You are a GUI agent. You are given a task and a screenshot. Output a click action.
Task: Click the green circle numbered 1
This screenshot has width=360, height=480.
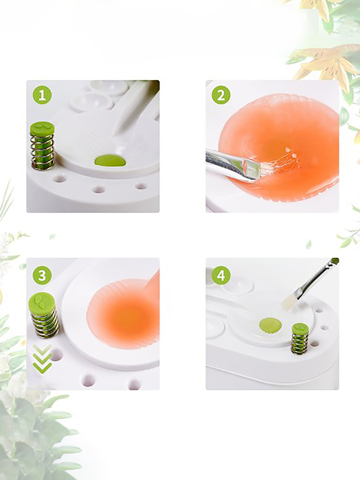(x=42, y=95)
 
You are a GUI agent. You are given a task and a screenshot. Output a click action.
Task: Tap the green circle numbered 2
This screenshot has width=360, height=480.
(x=221, y=95)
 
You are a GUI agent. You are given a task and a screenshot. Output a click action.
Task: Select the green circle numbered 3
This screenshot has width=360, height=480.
(x=42, y=275)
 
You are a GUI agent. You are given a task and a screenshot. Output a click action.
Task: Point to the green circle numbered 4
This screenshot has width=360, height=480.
(x=221, y=275)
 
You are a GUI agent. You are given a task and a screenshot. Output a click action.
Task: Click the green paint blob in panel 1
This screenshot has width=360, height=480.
(x=110, y=160)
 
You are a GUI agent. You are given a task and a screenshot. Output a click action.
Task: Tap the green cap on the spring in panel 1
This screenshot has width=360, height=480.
(x=42, y=127)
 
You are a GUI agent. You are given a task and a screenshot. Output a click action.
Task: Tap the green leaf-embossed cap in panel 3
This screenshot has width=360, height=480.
(x=42, y=302)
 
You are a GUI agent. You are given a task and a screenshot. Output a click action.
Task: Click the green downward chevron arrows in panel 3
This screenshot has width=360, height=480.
(x=43, y=359)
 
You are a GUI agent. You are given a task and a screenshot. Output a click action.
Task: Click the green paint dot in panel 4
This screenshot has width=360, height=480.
(x=270, y=325)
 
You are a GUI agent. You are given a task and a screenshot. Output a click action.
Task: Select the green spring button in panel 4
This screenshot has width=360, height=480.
(x=300, y=338)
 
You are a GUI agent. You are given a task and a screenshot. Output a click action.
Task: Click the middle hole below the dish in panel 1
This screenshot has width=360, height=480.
(x=99, y=190)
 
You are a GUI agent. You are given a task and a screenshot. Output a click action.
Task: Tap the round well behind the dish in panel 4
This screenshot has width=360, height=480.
(x=238, y=285)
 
